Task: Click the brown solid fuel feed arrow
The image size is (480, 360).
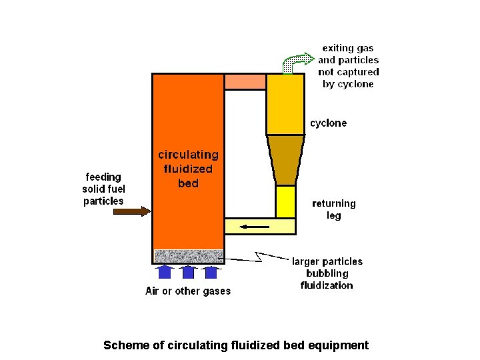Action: (x=132, y=211)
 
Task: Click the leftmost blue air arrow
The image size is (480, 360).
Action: (x=166, y=271)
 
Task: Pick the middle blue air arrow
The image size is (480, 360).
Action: (x=189, y=271)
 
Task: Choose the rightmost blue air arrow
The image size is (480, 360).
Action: (x=211, y=271)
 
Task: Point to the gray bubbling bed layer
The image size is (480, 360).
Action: (x=188, y=256)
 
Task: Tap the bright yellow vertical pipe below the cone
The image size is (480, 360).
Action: (x=285, y=201)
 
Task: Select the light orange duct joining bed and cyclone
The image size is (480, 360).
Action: (x=245, y=82)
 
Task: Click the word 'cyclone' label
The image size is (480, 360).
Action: (x=328, y=123)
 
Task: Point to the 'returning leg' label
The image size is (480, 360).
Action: (x=334, y=209)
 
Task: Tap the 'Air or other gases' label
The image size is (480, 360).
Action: (x=188, y=291)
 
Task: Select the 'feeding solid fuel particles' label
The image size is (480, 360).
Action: (x=103, y=189)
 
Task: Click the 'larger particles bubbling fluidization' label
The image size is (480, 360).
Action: (x=327, y=273)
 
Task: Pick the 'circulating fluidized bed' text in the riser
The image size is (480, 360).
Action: (x=188, y=169)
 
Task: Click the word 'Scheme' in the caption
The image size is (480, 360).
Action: (x=124, y=345)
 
